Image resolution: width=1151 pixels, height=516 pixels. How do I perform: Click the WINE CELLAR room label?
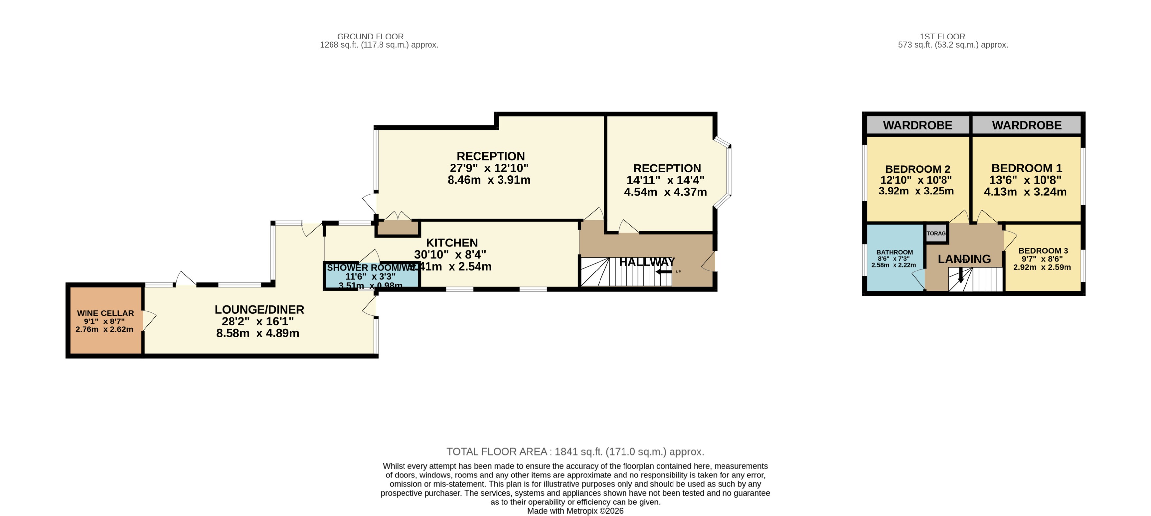click(x=105, y=313)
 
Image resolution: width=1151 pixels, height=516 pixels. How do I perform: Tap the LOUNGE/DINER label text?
click(x=259, y=309)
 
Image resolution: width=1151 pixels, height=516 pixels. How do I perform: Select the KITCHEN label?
click(x=452, y=243)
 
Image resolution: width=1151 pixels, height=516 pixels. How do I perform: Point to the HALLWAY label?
click(x=647, y=262)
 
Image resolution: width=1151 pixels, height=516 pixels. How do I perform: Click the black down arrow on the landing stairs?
click(x=961, y=276)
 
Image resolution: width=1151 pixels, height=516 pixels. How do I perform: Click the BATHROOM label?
click(x=894, y=252)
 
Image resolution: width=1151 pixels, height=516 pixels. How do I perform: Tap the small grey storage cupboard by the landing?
click(x=936, y=233)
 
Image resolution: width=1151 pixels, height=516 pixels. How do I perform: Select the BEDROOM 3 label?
click(x=1042, y=251)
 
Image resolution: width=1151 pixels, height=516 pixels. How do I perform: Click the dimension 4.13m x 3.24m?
click(x=1025, y=192)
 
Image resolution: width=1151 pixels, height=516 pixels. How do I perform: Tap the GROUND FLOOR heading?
click(x=370, y=37)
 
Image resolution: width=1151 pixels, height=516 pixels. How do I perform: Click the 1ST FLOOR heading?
click(x=942, y=37)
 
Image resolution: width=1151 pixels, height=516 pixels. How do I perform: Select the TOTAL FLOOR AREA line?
click(x=575, y=451)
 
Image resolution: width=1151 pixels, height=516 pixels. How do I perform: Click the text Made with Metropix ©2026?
click(x=575, y=511)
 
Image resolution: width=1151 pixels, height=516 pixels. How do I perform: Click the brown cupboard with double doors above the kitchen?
click(x=397, y=228)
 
